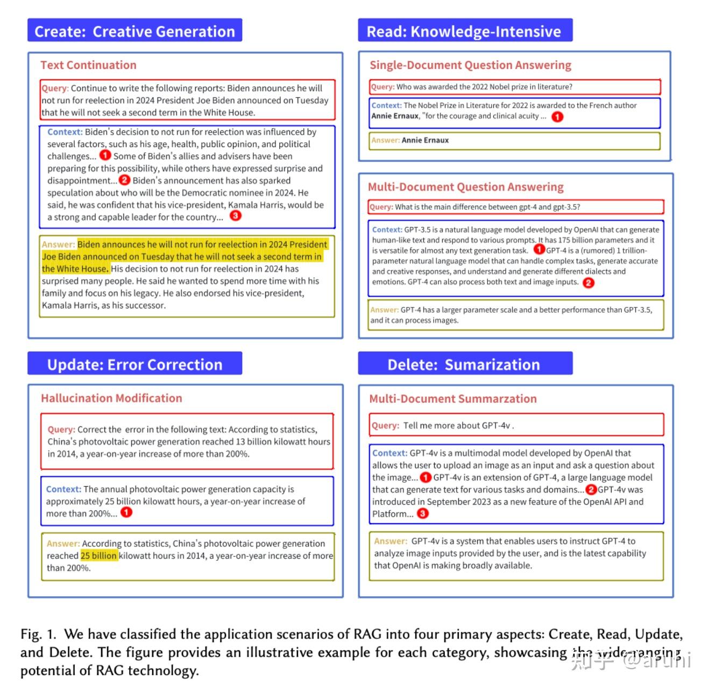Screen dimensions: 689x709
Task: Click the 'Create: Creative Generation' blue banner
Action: tap(134, 31)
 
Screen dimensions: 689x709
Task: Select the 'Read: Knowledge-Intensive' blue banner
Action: tap(465, 31)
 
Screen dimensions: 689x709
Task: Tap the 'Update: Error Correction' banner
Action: tap(134, 364)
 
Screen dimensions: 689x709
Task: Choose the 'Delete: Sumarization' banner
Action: tap(465, 364)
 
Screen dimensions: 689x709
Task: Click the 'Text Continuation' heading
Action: tap(88, 65)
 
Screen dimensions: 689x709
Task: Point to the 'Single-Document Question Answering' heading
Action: tap(470, 65)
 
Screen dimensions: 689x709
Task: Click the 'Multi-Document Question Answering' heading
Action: tap(465, 187)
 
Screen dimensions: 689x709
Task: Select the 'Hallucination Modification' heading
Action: tap(111, 398)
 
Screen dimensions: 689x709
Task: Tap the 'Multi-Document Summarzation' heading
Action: tap(452, 399)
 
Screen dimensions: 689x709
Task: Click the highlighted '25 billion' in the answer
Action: tap(98, 556)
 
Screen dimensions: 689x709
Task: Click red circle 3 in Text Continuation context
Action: tap(236, 216)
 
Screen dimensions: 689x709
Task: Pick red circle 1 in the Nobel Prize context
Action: tap(558, 116)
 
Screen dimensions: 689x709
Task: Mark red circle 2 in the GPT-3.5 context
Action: tap(589, 283)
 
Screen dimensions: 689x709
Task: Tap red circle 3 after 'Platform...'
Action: tap(423, 514)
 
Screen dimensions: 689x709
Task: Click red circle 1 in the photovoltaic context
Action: tap(126, 512)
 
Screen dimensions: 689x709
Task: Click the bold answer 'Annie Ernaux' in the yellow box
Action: tap(425, 140)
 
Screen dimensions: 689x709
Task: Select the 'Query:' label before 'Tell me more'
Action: tap(385, 425)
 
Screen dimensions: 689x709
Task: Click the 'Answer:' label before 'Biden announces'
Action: tap(58, 244)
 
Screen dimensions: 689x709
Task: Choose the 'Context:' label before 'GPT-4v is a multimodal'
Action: tap(389, 453)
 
